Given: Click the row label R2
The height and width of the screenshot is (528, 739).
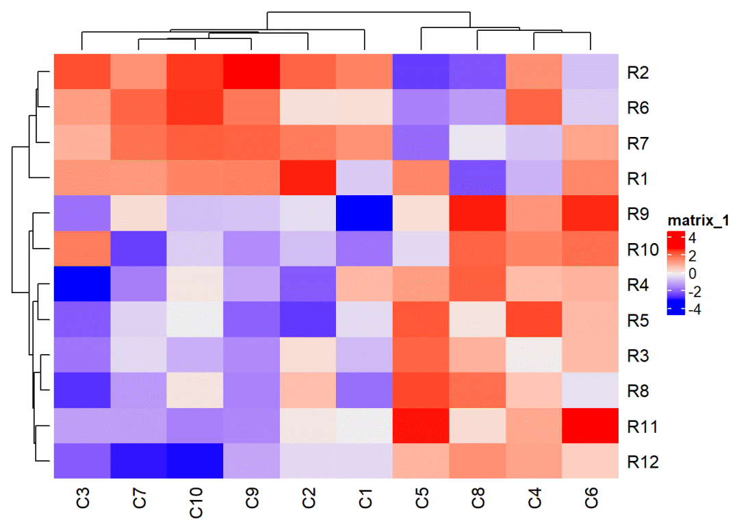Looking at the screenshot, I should tap(637, 73).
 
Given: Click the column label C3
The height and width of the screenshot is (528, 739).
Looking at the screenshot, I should tap(81, 498).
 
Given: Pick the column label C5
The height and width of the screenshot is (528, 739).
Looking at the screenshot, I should tap(421, 498).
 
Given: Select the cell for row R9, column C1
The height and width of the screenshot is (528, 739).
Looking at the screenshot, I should tap(364, 214).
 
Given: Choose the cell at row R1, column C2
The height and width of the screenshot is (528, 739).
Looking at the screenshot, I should tap(307, 179).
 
